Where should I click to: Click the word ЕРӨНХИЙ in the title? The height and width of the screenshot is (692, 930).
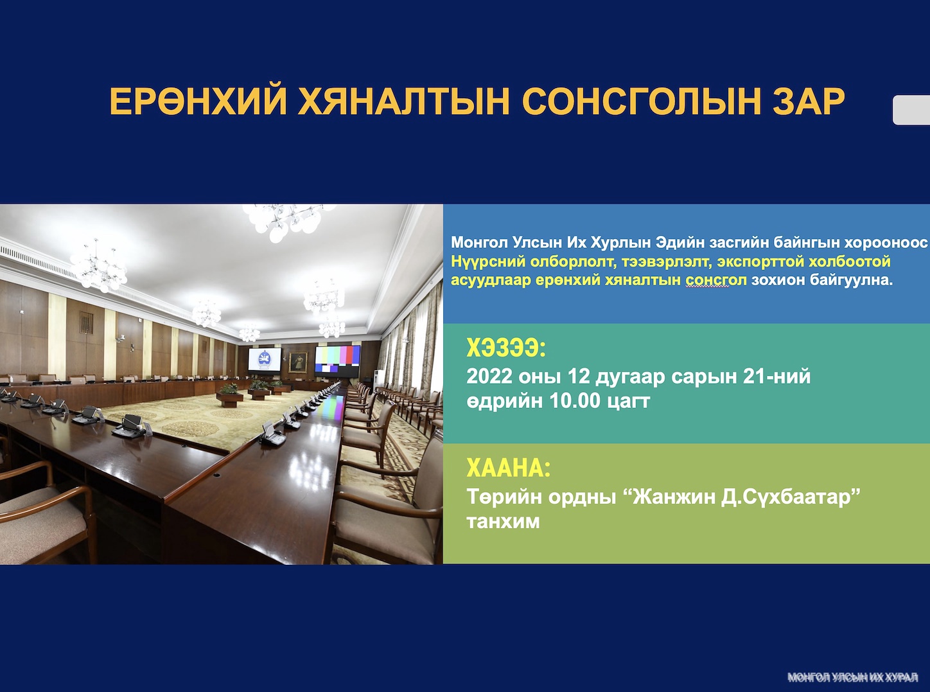[x=197, y=102]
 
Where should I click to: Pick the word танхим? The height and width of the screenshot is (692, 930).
[x=503, y=522]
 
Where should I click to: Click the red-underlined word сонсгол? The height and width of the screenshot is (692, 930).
[x=716, y=279]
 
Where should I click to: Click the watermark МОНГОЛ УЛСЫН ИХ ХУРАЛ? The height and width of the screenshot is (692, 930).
[x=852, y=677]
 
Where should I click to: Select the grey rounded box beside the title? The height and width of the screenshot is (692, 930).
[x=911, y=110]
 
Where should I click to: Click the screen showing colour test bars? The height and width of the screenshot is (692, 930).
[x=338, y=361]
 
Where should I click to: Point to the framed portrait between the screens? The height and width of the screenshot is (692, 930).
[x=298, y=362]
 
